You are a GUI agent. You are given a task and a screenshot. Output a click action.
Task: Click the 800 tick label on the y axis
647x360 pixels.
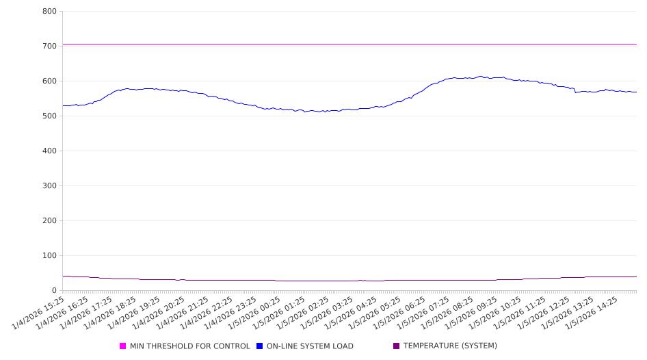[x=49, y=12]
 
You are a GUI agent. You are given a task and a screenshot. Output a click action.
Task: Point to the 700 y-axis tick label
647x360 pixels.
[x=49, y=47]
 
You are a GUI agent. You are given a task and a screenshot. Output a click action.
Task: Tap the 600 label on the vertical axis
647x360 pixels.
[x=49, y=81]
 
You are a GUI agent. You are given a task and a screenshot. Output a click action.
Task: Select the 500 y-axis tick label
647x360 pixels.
[x=49, y=116]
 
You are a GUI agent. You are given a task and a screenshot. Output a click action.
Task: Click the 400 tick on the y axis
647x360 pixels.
[x=49, y=151]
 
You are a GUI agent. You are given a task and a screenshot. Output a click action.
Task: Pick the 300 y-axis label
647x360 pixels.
[x=49, y=186]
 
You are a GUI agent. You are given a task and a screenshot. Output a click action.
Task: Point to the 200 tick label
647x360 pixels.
[x=49, y=221]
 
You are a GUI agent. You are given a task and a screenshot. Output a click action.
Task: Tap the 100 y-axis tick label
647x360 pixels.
[x=49, y=256]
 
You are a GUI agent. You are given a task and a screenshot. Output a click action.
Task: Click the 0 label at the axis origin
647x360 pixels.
[x=54, y=291]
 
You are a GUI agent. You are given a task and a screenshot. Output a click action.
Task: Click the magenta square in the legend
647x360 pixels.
[x=123, y=346]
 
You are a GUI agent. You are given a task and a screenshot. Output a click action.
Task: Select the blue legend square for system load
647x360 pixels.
[x=260, y=346]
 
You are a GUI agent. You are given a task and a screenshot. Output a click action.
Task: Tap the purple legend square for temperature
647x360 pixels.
[x=397, y=346]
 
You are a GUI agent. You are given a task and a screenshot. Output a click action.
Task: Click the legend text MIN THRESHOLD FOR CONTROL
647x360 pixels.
[x=190, y=346]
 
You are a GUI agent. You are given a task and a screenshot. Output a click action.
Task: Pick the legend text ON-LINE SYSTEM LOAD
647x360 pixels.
[x=310, y=346]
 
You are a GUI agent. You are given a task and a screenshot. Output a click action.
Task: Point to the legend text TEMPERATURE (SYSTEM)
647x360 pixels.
[x=450, y=346]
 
